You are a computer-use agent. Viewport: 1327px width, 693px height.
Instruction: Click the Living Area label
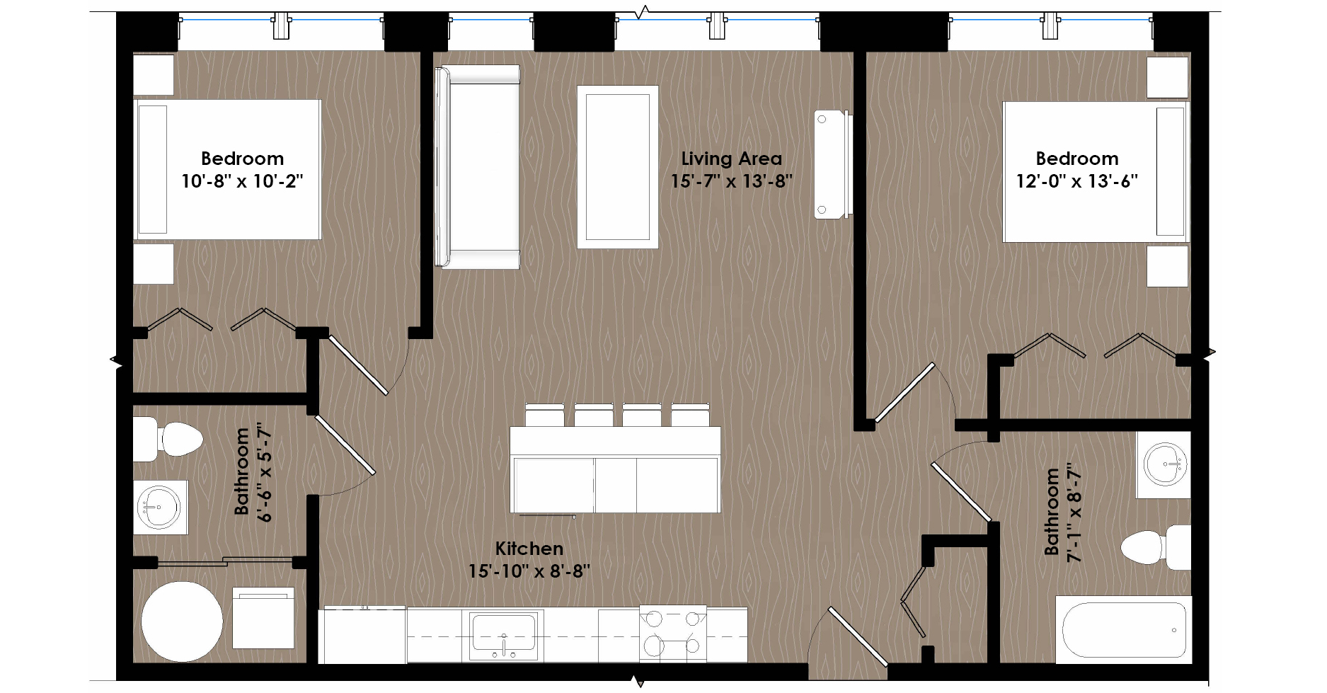(x=731, y=159)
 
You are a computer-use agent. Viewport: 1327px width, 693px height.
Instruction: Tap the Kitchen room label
(x=529, y=549)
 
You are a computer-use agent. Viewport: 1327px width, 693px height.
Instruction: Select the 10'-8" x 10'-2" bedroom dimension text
(x=242, y=181)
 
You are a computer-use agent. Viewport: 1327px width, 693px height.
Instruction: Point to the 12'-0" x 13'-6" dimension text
(x=1076, y=181)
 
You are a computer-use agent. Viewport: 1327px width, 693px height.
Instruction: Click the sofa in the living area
(x=477, y=167)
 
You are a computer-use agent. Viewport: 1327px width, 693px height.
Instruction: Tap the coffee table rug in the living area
(x=618, y=167)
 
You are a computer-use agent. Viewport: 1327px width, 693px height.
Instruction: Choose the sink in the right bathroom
(x=1164, y=464)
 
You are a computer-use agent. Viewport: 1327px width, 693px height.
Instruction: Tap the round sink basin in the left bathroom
(x=159, y=507)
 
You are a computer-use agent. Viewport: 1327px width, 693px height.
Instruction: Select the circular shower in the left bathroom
(x=182, y=622)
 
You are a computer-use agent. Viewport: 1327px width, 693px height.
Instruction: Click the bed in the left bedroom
(x=228, y=169)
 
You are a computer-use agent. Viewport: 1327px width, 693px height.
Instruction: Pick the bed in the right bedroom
(x=1096, y=172)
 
